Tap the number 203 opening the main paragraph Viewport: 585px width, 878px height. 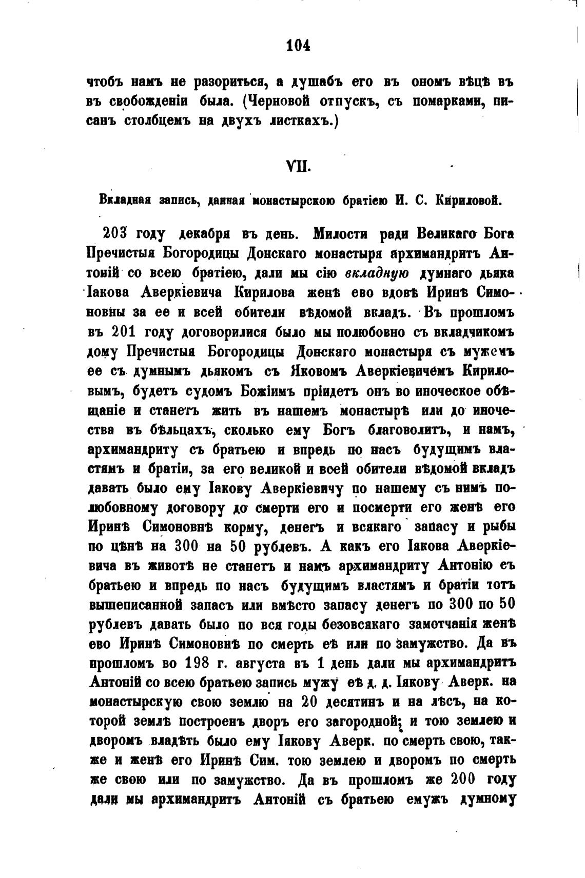(x=118, y=234)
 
